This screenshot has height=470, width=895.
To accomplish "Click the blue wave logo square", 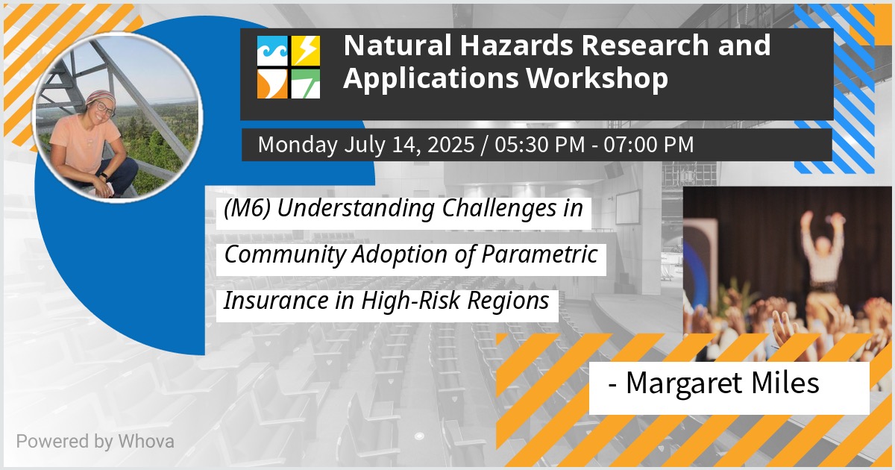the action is coord(272,51).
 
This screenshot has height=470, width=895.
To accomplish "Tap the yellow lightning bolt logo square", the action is coord(306,51).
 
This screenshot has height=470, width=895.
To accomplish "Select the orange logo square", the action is coord(272,84).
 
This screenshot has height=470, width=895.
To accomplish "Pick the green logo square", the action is coord(306,84).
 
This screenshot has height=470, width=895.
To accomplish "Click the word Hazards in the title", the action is coord(518,46).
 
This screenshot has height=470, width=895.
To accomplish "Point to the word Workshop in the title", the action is coord(597,78).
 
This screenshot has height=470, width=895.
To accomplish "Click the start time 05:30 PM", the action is coord(540,144).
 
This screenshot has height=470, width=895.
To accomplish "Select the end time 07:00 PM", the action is coord(648,144).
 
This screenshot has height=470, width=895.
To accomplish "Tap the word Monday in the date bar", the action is coord(298,145).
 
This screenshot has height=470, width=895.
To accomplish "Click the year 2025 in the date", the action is coord(451,144).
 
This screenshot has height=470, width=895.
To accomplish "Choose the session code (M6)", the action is coord(248,209).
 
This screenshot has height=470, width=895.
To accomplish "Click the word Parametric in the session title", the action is coord(539,254).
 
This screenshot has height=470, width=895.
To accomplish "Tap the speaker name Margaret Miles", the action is coord(723,383).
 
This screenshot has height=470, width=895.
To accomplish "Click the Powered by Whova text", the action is coord(95,442).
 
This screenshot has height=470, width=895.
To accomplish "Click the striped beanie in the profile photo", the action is coord(100,97).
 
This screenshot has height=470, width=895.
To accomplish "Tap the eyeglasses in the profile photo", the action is coord(104,108).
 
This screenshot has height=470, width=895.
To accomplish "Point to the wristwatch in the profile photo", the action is coord(103,176).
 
